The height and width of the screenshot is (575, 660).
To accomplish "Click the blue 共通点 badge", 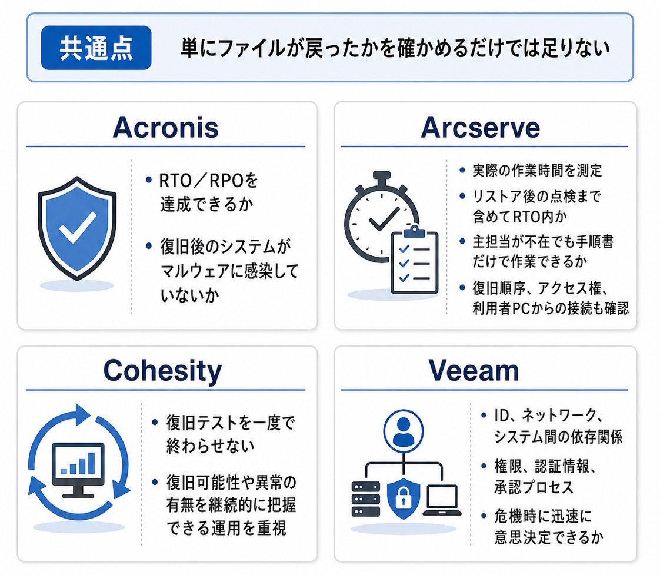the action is pyautogui.click(x=96, y=48).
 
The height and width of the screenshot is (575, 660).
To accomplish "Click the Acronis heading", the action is pyautogui.click(x=165, y=127).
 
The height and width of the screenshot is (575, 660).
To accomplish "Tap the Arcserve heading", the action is pyautogui.click(x=480, y=127).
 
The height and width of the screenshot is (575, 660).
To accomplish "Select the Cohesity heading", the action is pyautogui.click(x=162, y=371).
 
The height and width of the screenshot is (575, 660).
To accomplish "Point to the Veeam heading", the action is pyautogui.click(x=474, y=371).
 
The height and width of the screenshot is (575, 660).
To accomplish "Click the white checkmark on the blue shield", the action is pyautogui.click(x=78, y=228).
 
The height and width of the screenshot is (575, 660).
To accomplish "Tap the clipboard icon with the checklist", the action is pyautogui.click(x=415, y=260).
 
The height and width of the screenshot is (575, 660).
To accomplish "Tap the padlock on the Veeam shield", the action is pyautogui.click(x=403, y=498).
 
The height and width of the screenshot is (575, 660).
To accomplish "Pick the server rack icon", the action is pyautogui.click(x=365, y=499).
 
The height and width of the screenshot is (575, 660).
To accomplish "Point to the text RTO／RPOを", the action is pyautogui.click(x=208, y=181).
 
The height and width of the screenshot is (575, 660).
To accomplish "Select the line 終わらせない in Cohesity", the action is pyautogui.click(x=210, y=446).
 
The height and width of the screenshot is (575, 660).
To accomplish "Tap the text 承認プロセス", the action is pyautogui.click(x=534, y=487).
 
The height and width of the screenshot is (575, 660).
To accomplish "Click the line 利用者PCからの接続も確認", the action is pyautogui.click(x=551, y=309).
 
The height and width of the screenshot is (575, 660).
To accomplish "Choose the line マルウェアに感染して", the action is pyautogui.click(x=229, y=271).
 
